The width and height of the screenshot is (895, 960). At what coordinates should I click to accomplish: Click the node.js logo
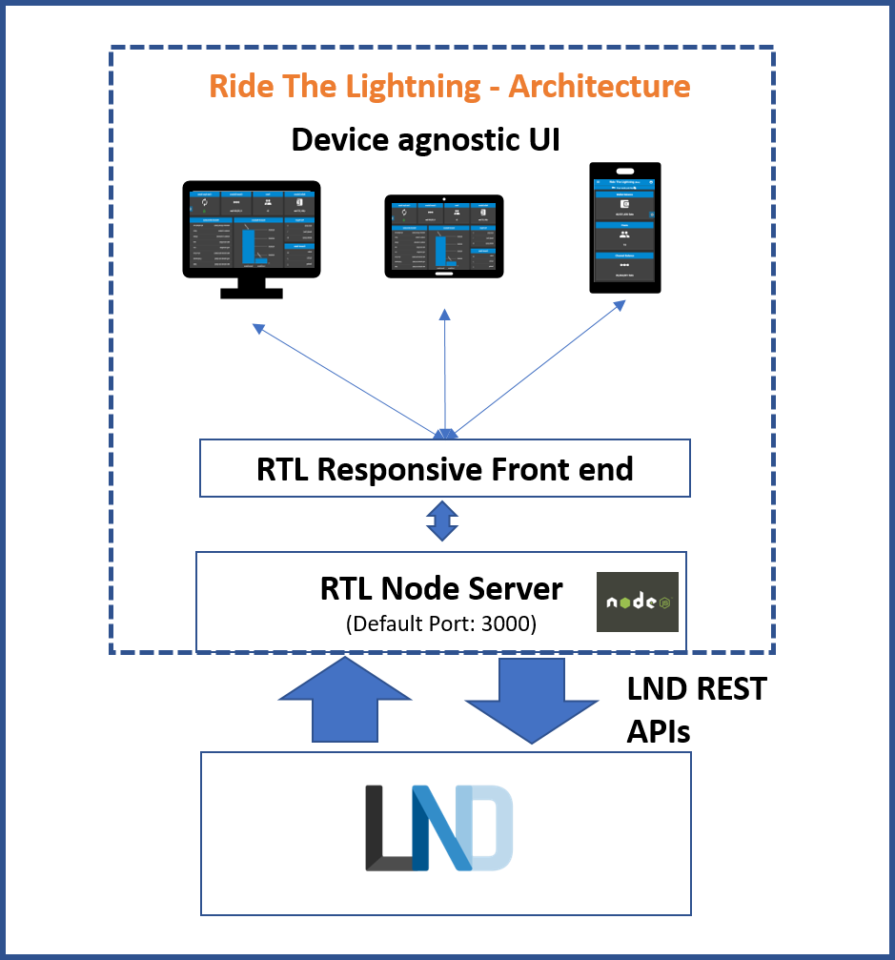637,602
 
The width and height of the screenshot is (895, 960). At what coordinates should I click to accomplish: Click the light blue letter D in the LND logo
492,827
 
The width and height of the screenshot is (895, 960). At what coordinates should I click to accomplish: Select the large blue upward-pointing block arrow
344,700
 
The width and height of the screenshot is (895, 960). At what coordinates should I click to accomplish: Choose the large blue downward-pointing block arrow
531,699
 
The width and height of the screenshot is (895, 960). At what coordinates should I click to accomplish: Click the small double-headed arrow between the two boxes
443,521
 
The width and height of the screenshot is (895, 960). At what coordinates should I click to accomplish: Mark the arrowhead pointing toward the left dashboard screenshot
257,328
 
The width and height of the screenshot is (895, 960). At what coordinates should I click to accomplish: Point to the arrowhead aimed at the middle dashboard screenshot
444,314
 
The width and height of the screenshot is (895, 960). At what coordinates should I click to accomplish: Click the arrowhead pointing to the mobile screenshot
620,304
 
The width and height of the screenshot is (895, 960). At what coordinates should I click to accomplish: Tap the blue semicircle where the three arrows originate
445,435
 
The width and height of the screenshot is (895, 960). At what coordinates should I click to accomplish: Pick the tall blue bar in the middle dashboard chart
440,250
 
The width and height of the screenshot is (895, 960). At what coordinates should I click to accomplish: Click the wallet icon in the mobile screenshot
624,205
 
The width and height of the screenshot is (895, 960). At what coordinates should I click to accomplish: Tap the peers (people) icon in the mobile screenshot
624,235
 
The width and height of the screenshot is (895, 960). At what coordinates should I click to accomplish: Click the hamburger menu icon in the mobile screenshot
598,182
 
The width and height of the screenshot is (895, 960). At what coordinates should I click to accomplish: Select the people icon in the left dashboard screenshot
268,203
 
